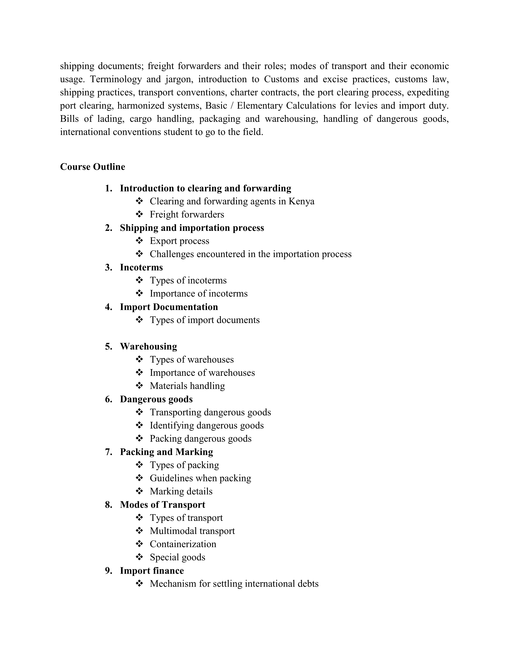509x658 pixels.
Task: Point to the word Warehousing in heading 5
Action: (148, 347)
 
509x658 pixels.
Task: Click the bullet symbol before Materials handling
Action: (139, 386)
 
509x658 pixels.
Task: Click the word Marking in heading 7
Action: (194, 452)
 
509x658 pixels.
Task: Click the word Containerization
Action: (183, 544)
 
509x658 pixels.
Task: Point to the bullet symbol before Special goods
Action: (139, 557)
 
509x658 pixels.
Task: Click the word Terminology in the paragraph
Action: (116, 79)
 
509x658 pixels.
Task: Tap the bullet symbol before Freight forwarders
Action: (139, 214)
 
